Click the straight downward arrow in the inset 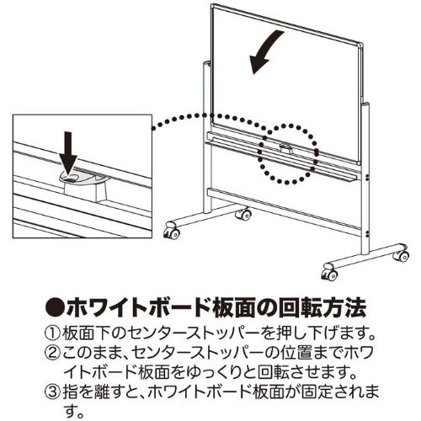click(68, 153)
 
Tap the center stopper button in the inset click(69, 178)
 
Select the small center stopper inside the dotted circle click(286, 148)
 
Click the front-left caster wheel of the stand click(172, 232)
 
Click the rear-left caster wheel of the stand click(243, 214)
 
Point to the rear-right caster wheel click(402, 255)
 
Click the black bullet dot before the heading click(55, 308)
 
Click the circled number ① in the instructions click(52, 333)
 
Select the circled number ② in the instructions click(52, 354)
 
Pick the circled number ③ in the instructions click(52, 392)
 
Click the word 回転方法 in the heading click(322, 308)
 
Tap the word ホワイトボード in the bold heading click(138, 308)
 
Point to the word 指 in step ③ click(70, 392)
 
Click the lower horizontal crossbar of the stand click(284, 211)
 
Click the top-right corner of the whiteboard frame click(362, 45)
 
